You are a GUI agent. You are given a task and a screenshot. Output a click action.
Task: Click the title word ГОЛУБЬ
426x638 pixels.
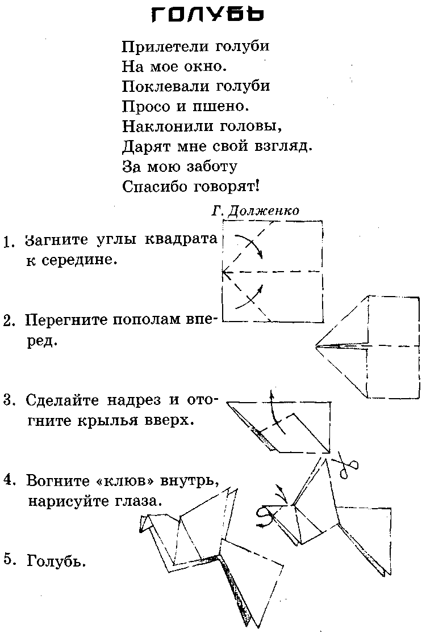208,15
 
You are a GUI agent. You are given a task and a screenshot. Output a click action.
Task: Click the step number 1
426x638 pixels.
8,242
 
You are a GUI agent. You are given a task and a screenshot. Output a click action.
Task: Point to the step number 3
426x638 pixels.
8,400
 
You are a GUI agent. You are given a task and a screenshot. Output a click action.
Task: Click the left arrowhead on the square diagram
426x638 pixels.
225,273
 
